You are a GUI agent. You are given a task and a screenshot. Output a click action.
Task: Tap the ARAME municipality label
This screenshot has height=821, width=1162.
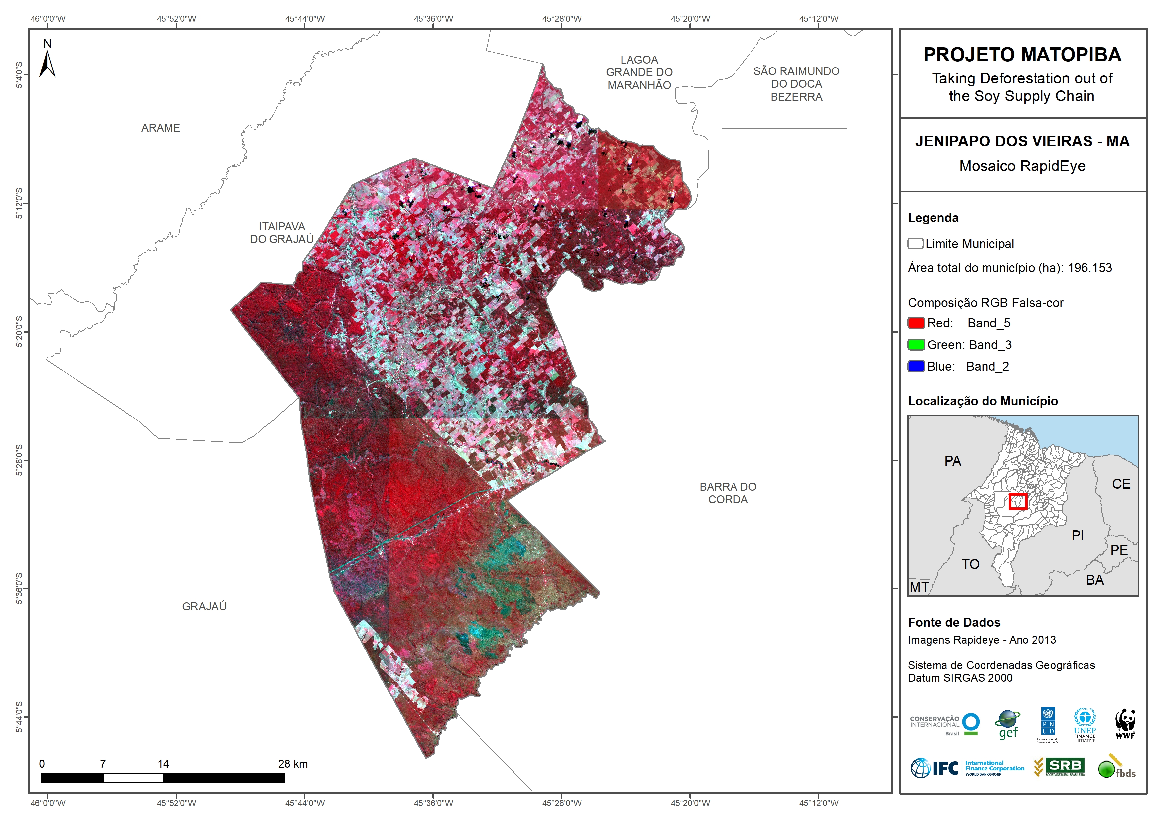click(160, 128)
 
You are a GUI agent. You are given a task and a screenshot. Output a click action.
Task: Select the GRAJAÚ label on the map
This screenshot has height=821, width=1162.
click(204, 606)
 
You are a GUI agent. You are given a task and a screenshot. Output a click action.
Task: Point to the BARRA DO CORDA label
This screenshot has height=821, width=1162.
click(728, 493)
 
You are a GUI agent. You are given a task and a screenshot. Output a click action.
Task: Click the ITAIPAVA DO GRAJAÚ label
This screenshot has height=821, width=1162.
click(282, 233)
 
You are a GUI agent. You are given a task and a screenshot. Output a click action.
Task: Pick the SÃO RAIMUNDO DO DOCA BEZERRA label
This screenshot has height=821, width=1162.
click(796, 84)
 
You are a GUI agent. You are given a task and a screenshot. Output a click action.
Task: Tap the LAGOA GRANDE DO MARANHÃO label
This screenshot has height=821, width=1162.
click(639, 72)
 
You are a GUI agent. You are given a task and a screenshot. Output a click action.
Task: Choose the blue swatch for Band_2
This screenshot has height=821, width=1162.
click(916, 366)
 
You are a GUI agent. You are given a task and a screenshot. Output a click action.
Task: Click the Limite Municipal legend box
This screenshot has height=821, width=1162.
click(915, 243)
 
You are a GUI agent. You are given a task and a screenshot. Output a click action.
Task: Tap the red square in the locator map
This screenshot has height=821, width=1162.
click(1017, 501)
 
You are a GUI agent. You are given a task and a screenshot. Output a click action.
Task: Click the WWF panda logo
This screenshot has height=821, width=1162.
click(1125, 724)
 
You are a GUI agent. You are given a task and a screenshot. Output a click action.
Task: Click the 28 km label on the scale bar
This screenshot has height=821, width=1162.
click(292, 764)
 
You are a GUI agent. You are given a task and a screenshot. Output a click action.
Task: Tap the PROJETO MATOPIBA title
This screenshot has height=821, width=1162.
click(1022, 55)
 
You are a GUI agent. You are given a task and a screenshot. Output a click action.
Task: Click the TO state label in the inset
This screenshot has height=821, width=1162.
click(970, 564)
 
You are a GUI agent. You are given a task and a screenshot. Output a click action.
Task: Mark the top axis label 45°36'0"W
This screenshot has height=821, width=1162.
click(433, 19)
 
